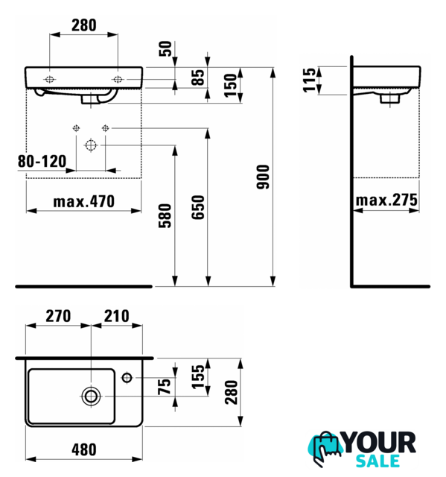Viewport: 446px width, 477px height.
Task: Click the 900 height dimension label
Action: tap(263, 177)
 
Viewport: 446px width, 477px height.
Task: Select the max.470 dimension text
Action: tap(84, 201)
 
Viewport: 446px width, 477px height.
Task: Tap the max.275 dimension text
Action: tap(386, 200)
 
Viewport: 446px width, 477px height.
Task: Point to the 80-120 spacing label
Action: tap(42, 161)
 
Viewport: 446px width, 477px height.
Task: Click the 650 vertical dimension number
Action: tap(198, 207)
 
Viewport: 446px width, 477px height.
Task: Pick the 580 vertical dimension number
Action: tap(165, 215)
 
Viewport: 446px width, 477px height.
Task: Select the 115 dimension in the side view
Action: tap(309, 80)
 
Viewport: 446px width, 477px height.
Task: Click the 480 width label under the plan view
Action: tap(84, 449)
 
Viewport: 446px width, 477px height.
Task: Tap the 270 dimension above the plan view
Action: tap(58, 316)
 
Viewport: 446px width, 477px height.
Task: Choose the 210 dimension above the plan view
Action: tap(117, 316)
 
